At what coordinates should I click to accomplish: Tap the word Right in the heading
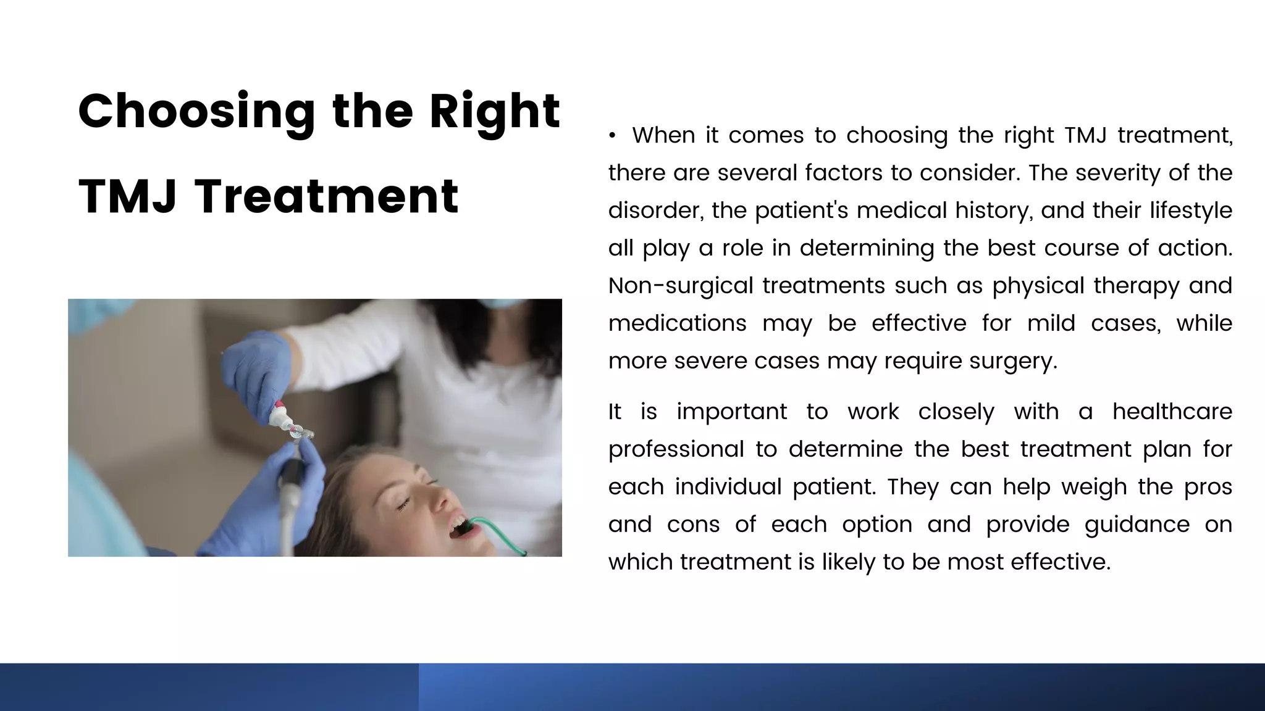pyautogui.click(x=495, y=112)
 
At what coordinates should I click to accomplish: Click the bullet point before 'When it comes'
pyautogui.click(x=611, y=136)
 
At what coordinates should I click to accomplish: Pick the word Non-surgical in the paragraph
pyautogui.click(x=681, y=286)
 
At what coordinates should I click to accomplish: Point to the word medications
pyautogui.click(x=677, y=323)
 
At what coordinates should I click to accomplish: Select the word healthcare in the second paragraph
pyautogui.click(x=1172, y=412)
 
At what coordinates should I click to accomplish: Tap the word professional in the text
pyautogui.click(x=676, y=449)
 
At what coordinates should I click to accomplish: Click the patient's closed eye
pyautogui.click(x=404, y=505)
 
